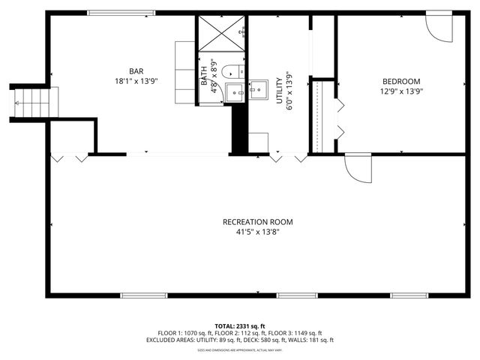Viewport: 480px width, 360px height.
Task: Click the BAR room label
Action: (x=136, y=70)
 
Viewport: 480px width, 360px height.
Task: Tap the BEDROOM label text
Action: (x=401, y=81)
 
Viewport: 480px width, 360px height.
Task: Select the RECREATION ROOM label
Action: (x=257, y=222)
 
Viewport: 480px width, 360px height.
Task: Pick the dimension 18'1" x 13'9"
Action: (x=136, y=80)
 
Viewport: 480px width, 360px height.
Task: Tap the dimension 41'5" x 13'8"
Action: (x=257, y=232)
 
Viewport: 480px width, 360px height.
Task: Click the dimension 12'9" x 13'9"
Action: (x=401, y=91)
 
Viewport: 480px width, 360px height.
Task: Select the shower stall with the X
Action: (x=221, y=33)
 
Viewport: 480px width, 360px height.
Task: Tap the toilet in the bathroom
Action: (x=232, y=72)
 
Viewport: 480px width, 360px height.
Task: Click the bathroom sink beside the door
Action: (x=235, y=93)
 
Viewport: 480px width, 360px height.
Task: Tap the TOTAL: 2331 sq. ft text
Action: (x=239, y=325)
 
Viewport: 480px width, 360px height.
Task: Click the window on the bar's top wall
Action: (x=121, y=13)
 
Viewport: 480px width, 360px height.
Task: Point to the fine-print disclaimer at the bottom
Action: (x=239, y=350)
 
